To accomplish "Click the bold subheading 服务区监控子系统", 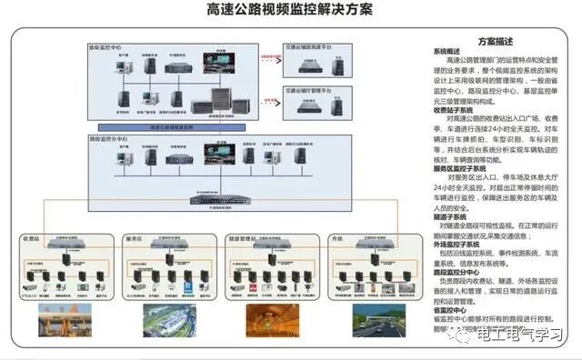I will tap(460, 169).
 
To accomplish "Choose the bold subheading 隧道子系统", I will tap(449, 217).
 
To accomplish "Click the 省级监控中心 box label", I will tap(107, 45).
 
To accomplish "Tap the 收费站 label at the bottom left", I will tap(33, 239).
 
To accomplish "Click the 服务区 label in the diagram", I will tap(135, 239).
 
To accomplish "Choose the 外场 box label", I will tap(337, 239).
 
